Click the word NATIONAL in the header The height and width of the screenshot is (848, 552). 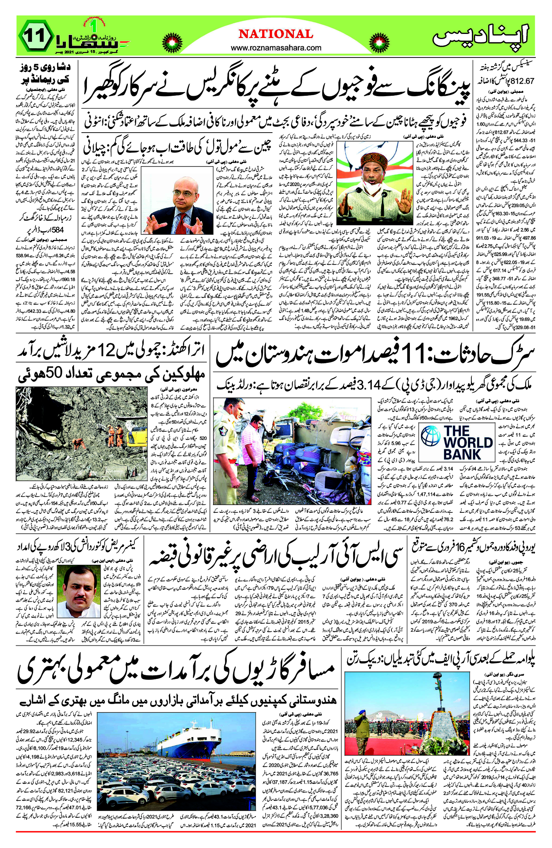click(x=276, y=34)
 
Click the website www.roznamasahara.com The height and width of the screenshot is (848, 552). click(x=276, y=48)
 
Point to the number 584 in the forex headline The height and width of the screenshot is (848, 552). click(x=54, y=229)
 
